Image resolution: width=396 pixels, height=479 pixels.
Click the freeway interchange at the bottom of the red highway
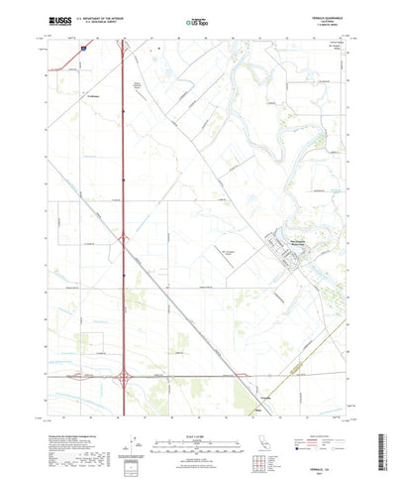(126, 377)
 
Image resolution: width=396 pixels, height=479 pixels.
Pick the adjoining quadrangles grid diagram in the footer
(260, 435)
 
